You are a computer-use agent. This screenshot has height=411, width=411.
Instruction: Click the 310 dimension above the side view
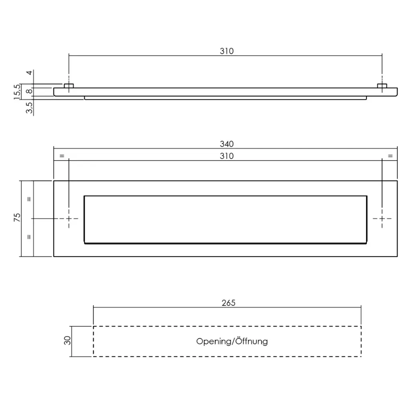[x=226, y=51]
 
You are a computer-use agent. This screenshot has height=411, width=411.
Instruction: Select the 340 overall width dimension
[x=226, y=144]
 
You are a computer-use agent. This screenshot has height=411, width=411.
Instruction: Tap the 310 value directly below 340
[x=226, y=156]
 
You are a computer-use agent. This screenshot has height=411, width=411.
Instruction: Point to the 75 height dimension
[x=17, y=218]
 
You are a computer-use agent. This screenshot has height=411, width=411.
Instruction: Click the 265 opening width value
[x=228, y=303]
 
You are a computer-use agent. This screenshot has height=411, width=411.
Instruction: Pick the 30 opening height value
[x=68, y=340]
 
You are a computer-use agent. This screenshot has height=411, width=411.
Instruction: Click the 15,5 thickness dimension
[x=17, y=92]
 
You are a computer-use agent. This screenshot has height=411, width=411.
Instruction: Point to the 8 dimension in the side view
[x=29, y=92]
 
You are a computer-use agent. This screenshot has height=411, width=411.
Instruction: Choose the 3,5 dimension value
[x=29, y=108]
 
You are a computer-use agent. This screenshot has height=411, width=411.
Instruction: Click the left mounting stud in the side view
[x=69, y=86]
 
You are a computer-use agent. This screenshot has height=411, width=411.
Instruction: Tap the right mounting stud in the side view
[x=382, y=86]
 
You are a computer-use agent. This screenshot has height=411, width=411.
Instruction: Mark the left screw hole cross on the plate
[x=69, y=218]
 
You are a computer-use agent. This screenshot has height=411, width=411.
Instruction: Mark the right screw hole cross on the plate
[x=382, y=218]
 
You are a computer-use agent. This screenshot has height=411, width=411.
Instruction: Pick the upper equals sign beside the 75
[x=29, y=199]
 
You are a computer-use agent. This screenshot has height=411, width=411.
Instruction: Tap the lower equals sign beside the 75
[x=29, y=237]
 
